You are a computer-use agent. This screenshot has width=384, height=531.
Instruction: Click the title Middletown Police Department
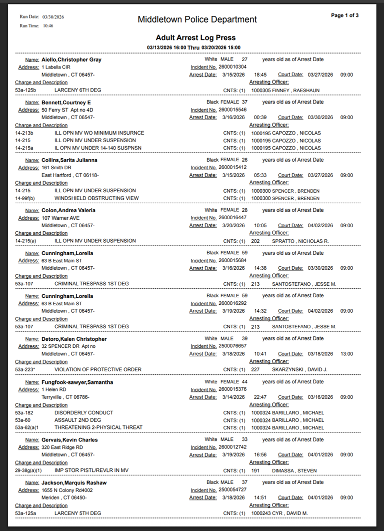point(197,20)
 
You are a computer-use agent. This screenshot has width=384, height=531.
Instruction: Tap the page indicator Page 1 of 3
point(344,16)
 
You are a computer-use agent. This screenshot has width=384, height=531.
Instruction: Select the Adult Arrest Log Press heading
point(195,38)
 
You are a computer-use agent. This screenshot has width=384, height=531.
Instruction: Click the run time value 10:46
point(48,26)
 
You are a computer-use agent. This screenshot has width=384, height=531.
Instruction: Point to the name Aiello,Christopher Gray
point(71,60)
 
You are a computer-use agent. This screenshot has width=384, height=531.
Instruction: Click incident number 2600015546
point(232,109)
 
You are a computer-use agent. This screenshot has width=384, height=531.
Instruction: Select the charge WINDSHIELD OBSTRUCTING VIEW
point(96,198)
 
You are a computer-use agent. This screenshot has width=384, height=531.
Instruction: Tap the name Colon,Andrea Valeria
point(68,210)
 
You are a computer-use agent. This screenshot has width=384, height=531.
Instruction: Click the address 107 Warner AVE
point(61,218)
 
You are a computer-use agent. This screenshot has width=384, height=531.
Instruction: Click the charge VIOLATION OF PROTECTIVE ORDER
point(98,369)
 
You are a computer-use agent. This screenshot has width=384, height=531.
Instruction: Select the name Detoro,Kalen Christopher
point(74,339)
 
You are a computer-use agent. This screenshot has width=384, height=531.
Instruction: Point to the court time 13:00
point(346,354)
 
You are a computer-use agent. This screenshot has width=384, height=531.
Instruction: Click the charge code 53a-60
point(23,420)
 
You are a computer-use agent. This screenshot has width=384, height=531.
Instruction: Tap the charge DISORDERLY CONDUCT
point(83,412)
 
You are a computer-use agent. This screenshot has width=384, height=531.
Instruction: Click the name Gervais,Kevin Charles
point(69,439)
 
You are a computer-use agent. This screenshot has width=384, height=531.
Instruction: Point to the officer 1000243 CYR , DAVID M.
point(279,513)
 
